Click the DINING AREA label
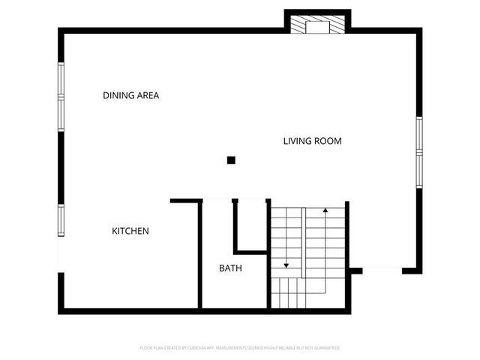(130, 95)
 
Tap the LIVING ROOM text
(312, 141)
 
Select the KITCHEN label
(130, 231)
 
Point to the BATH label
(230, 268)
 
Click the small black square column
(231, 160)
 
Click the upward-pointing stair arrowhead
(325, 210)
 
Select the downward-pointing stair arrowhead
(286, 265)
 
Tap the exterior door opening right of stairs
(382, 269)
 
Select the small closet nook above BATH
(250, 225)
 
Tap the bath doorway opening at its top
(217, 200)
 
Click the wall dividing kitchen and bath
(200, 255)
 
